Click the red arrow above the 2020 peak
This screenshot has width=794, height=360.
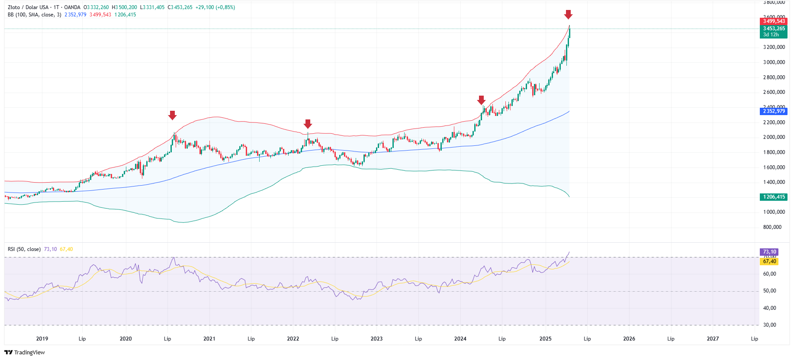172,115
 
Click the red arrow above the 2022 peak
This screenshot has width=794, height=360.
308,124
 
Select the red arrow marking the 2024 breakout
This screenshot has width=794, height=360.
481,100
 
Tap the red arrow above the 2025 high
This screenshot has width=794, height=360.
568,15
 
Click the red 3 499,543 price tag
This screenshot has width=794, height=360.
773,21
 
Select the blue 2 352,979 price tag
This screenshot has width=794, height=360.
773,111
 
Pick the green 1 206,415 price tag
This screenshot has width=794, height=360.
773,197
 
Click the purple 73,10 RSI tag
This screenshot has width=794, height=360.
769,252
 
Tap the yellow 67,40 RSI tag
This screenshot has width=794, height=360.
769,261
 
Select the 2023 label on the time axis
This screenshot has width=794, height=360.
376,339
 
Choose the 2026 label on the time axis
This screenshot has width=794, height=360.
629,339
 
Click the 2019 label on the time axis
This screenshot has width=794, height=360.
42,339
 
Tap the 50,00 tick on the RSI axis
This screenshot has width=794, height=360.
769,291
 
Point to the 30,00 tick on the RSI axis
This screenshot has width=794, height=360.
769,325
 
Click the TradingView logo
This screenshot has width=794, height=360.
25,352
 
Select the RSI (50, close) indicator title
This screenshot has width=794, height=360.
24,249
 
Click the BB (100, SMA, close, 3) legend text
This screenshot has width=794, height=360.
34,15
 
